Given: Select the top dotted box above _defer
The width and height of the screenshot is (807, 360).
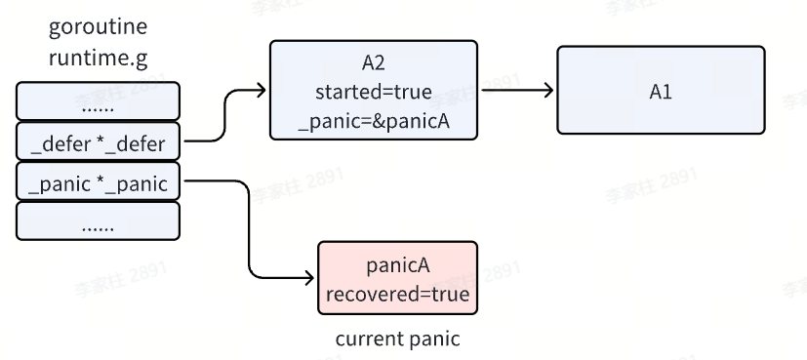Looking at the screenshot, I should (x=98, y=101).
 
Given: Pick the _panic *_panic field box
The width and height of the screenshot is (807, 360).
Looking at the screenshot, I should (x=98, y=182).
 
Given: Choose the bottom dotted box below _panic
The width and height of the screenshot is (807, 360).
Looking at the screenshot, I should (x=98, y=221).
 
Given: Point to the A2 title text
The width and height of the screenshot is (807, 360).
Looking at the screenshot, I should (x=374, y=63).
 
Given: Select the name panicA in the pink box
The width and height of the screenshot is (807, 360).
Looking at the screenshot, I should (x=397, y=265).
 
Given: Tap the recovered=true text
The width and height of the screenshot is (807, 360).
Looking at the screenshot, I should (x=397, y=294).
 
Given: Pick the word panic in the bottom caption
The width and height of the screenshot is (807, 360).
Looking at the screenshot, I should (x=435, y=340).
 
